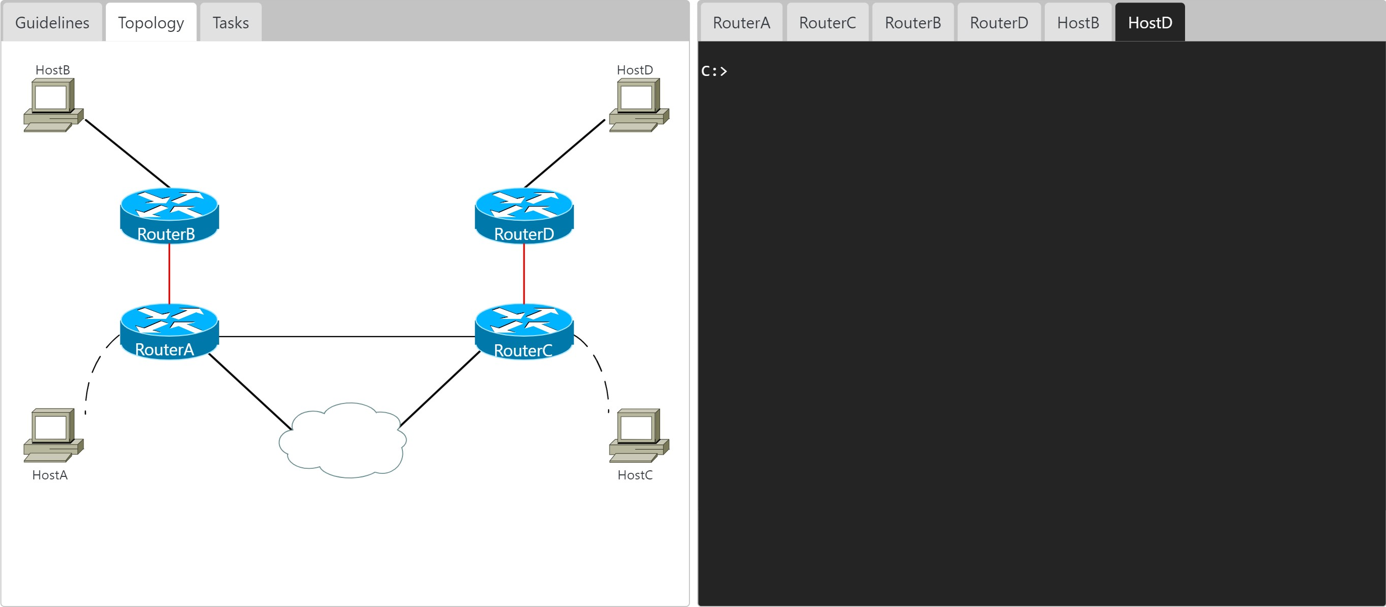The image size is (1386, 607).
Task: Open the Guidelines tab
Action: pyautogui.click(x=52, y=23)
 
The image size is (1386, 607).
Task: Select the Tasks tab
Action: pyautogui.click(x=230, y=23)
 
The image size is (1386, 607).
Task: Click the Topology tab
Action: pyautogui.click(x=151, y=23)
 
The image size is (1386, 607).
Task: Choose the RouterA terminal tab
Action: pyautogui.click(x=741, y=23)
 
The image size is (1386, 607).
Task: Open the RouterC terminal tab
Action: pyautogui.click(x=827, y=23)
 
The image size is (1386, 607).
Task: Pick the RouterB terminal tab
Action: pyautogui.click(x=913, y=23)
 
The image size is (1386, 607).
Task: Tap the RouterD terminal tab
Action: pyautogui.click(x=999, y=23)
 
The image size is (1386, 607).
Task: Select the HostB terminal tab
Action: pyautogui.click(x=1078, y=23)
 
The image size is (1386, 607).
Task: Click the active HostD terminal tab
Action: pyautogui.click(x=1150, y=23)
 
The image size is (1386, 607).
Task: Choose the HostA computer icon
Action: pyautogui.click(x=53, y=435)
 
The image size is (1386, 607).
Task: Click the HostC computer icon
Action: pyautogui.click(x=639, y=435)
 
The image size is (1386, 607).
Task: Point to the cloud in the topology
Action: pyautogui.click(x=343, y=440)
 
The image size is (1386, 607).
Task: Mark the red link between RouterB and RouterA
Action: pyautogui.click(x=170, y=273)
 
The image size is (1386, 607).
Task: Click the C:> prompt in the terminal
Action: pyautogui.click(x=714, y=71)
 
